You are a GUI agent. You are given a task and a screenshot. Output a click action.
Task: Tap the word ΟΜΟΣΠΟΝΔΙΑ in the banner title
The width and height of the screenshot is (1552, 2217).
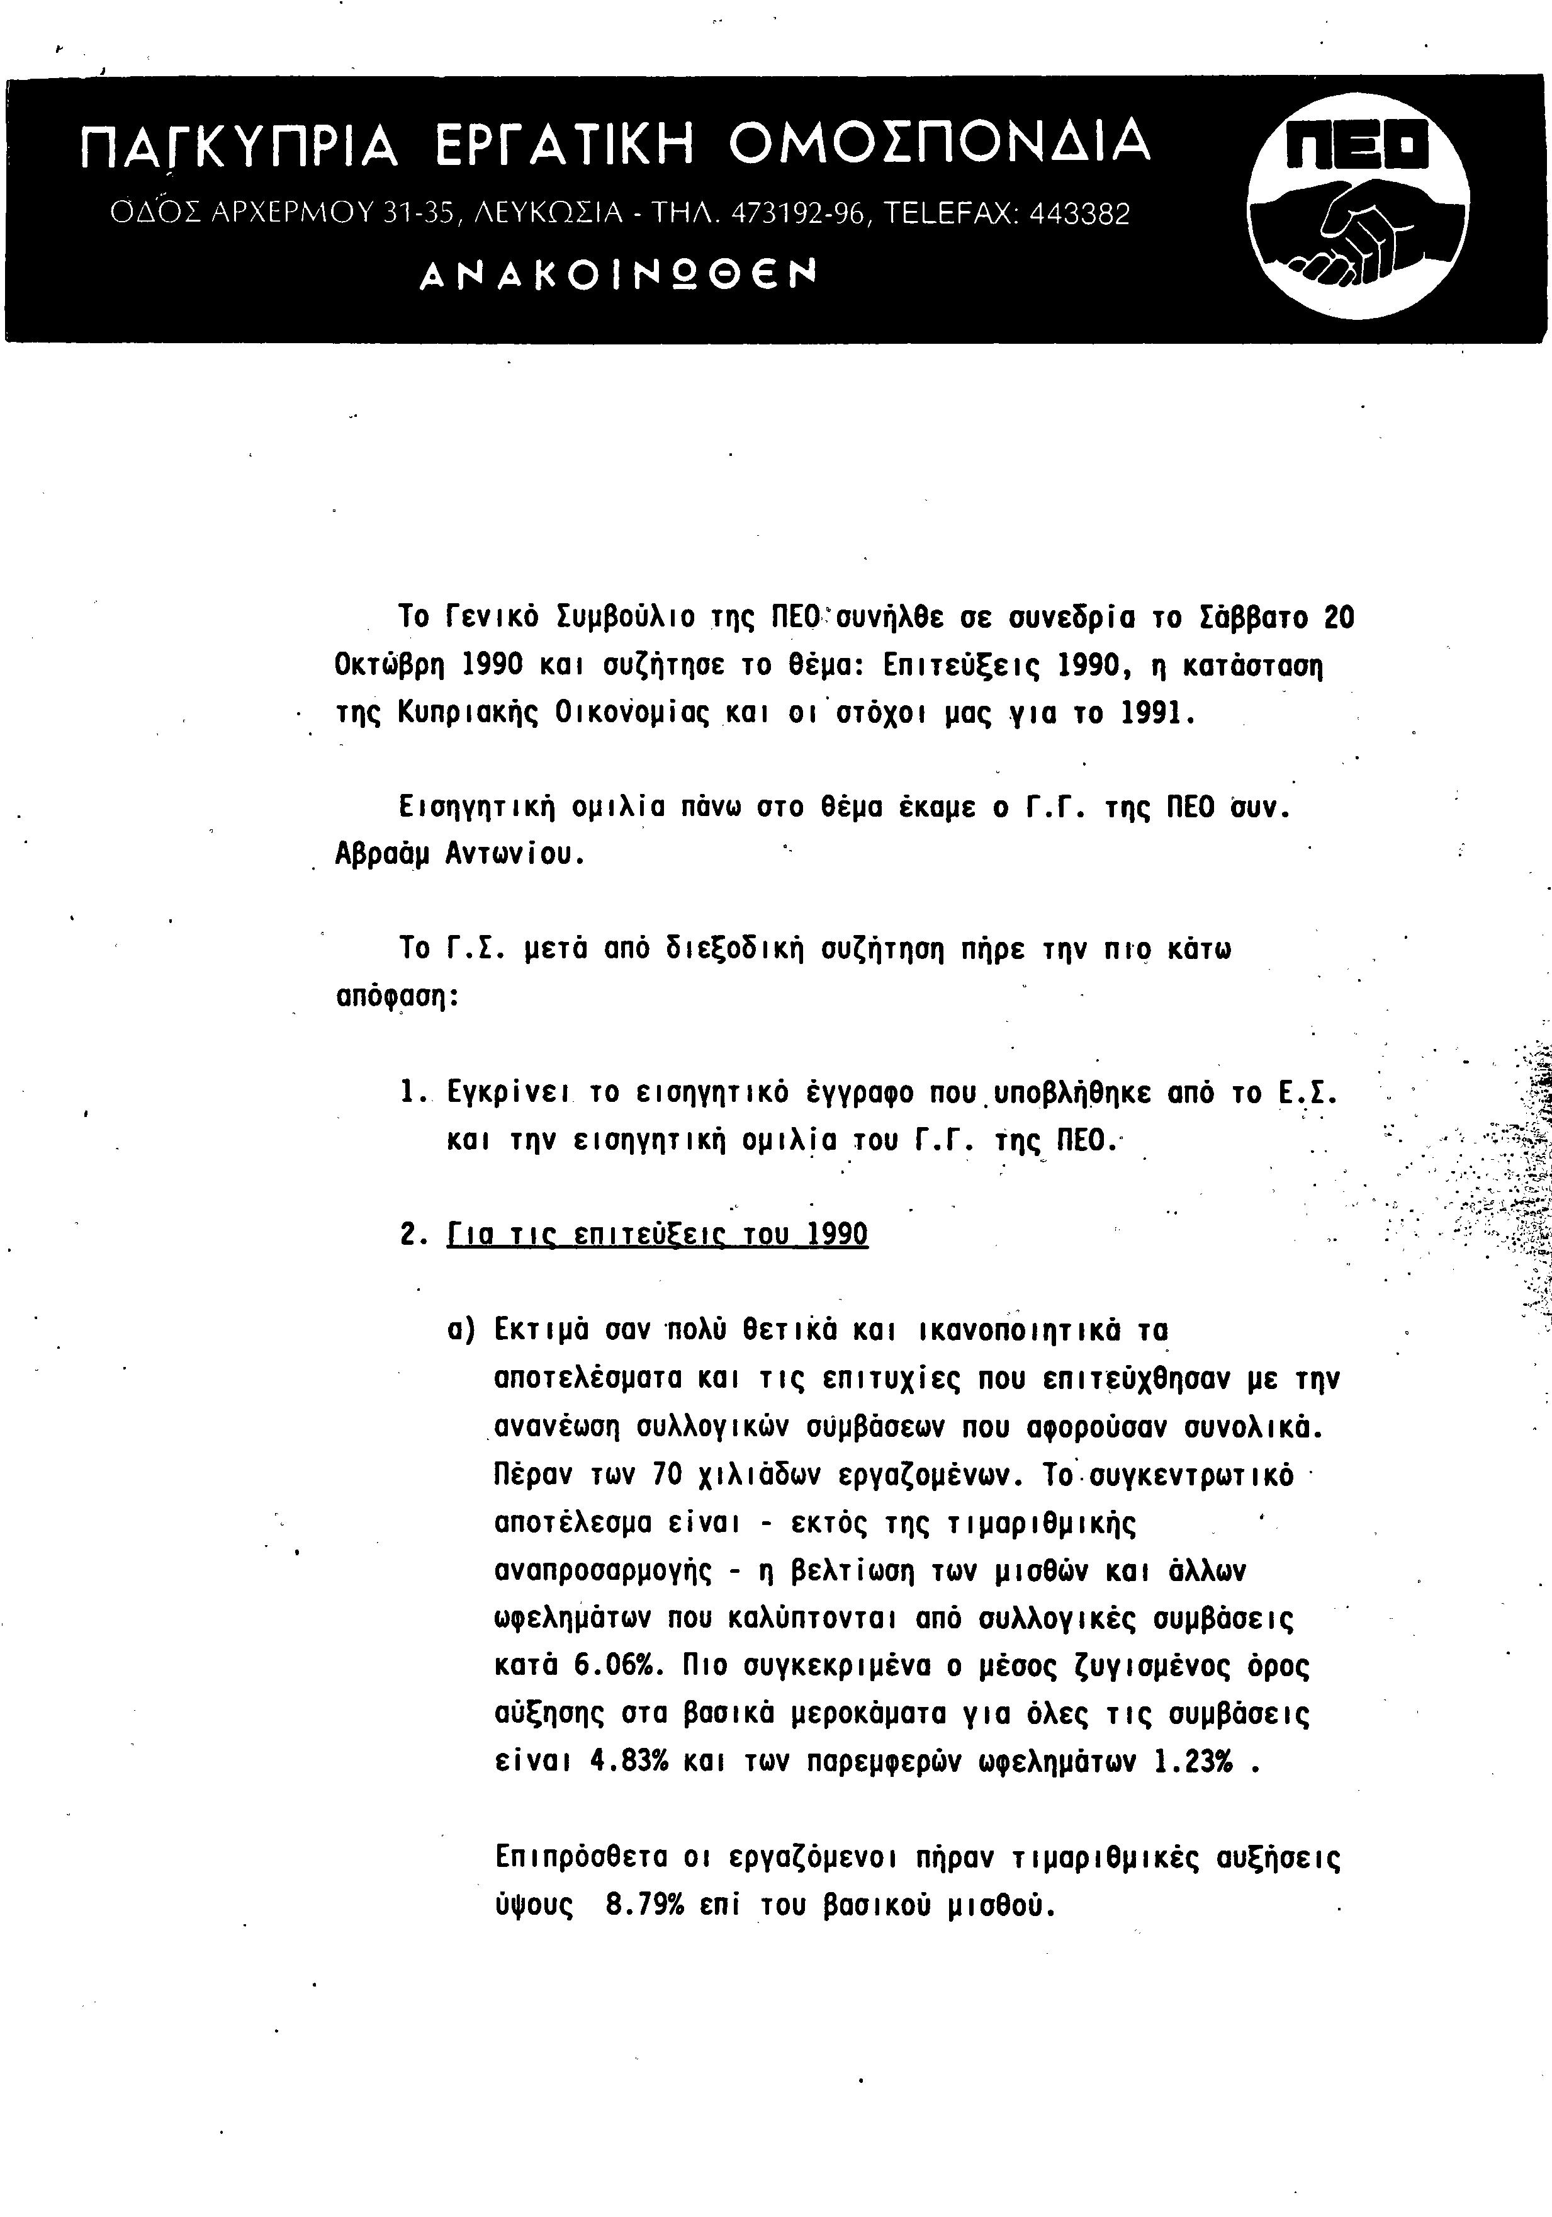point(938,142)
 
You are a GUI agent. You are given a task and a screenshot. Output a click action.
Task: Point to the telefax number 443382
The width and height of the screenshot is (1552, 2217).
point(1079,213)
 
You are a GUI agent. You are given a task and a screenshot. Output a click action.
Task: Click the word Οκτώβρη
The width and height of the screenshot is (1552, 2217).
point(391,666)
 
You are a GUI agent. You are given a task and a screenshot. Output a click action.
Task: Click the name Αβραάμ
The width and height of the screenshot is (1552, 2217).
point(382,854)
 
